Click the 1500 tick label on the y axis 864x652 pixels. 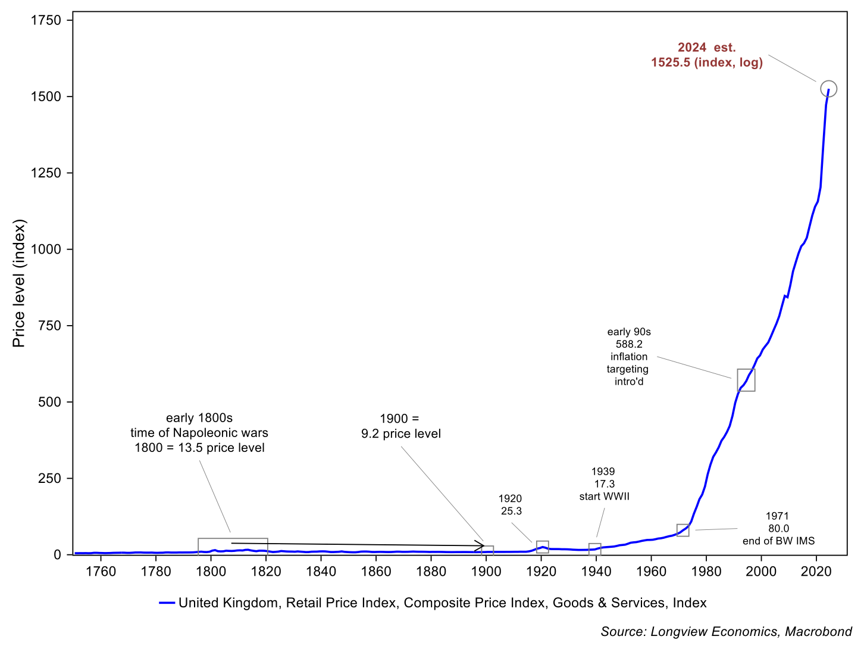pos(46,97)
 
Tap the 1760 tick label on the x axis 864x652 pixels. pos(101,572)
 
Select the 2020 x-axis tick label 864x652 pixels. pos(816,572)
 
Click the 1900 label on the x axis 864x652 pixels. pos(486,572)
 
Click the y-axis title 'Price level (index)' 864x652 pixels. pos(20,283)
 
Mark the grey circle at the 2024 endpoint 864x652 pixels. pos(829,89)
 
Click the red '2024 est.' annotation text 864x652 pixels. pos(707,48)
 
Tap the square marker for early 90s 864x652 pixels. pos(746,380)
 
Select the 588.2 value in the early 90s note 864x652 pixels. pos(629,344)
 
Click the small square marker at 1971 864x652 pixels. pos(683,530)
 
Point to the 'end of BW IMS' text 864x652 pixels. pos(778,541)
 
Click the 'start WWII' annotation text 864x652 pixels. pos(604,496)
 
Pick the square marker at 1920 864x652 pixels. pos(542,547)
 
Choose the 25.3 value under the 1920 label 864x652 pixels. pos(511,511)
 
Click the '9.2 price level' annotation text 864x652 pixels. pos(401,433)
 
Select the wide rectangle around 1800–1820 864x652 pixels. pos(233,546)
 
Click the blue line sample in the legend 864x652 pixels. pos(167,603)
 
